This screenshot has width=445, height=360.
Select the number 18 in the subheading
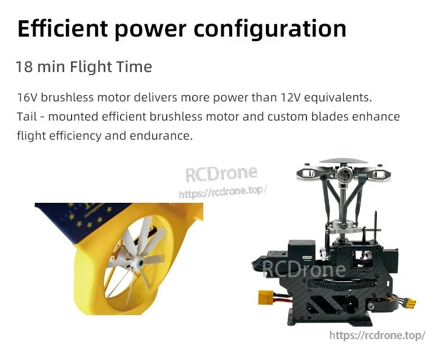point(23,67)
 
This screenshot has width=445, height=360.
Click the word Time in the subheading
point(134,67)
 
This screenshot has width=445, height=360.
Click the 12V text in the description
point(290,97)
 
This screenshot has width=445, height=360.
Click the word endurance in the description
point(163,136)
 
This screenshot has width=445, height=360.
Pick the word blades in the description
point(323,117)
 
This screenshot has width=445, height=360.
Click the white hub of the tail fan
point(135,263)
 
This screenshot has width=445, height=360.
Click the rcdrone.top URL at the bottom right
point(377,335)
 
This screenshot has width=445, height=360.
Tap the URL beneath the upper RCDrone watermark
point(222,192)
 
